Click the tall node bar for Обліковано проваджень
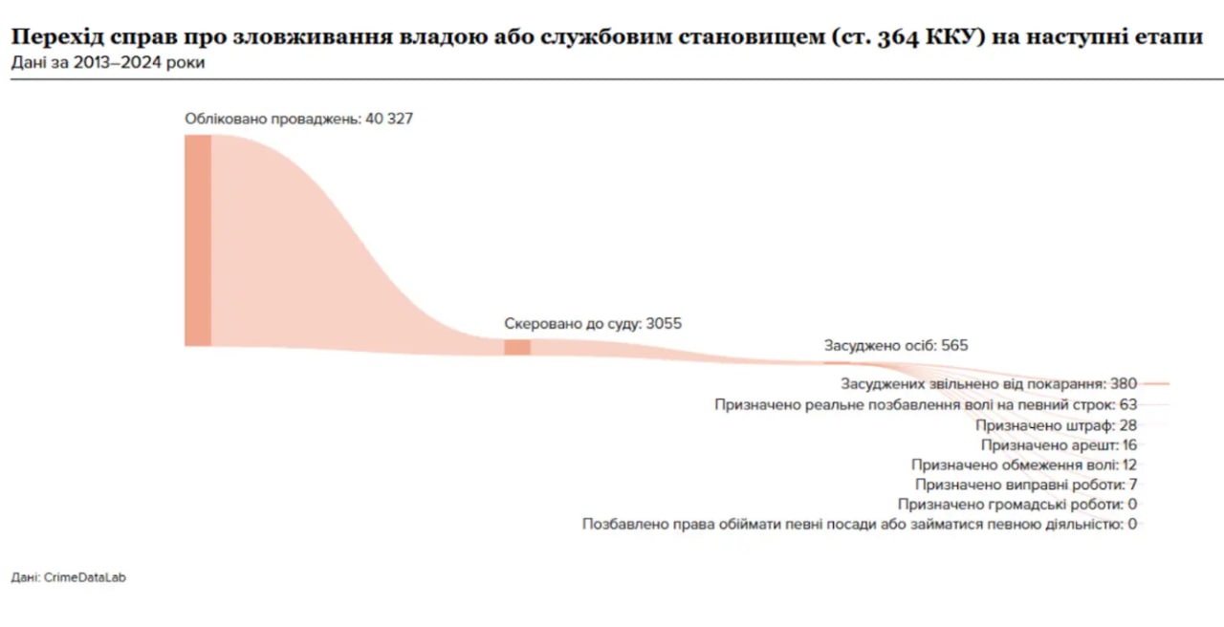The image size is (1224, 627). point(198,240)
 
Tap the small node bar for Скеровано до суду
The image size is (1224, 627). point(517,347)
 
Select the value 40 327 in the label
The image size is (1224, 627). point(389,119)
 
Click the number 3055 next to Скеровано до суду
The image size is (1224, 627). point(664,324)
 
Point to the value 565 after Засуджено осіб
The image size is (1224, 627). point(954,346)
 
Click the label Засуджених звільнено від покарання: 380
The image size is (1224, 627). point(989,384)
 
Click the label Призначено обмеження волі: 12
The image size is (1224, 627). point(1024,465)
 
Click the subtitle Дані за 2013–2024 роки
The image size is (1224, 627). point(108,62)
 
